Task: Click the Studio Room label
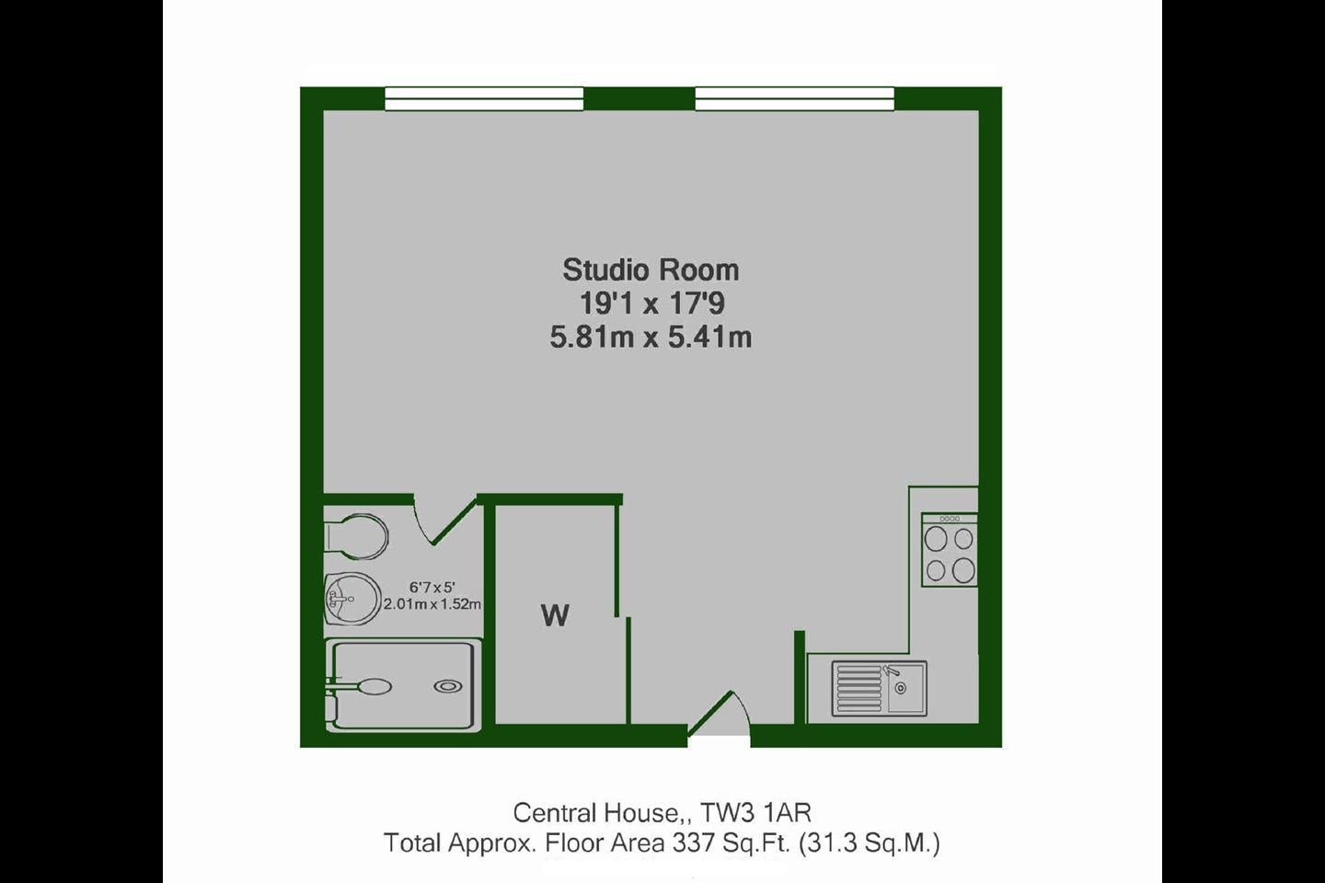(651, 270)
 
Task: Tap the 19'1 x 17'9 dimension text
(651, 304)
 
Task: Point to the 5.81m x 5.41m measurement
(651, 338)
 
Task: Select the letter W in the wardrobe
(555, 615)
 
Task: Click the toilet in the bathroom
(356, 536)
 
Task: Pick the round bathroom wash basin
(352, 599)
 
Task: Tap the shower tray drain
(448, 686)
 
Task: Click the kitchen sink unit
(879, 688)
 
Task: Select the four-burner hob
(950, 550)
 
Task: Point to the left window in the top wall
(484, 98)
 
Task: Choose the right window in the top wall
(794, 98)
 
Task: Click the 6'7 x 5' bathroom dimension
(432, 587)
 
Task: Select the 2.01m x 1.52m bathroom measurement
(432, 604)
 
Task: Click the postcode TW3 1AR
(756, 813)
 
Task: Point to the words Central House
(595, 813)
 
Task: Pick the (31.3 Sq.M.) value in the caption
(870, 843)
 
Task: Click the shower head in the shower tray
(374, 686)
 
